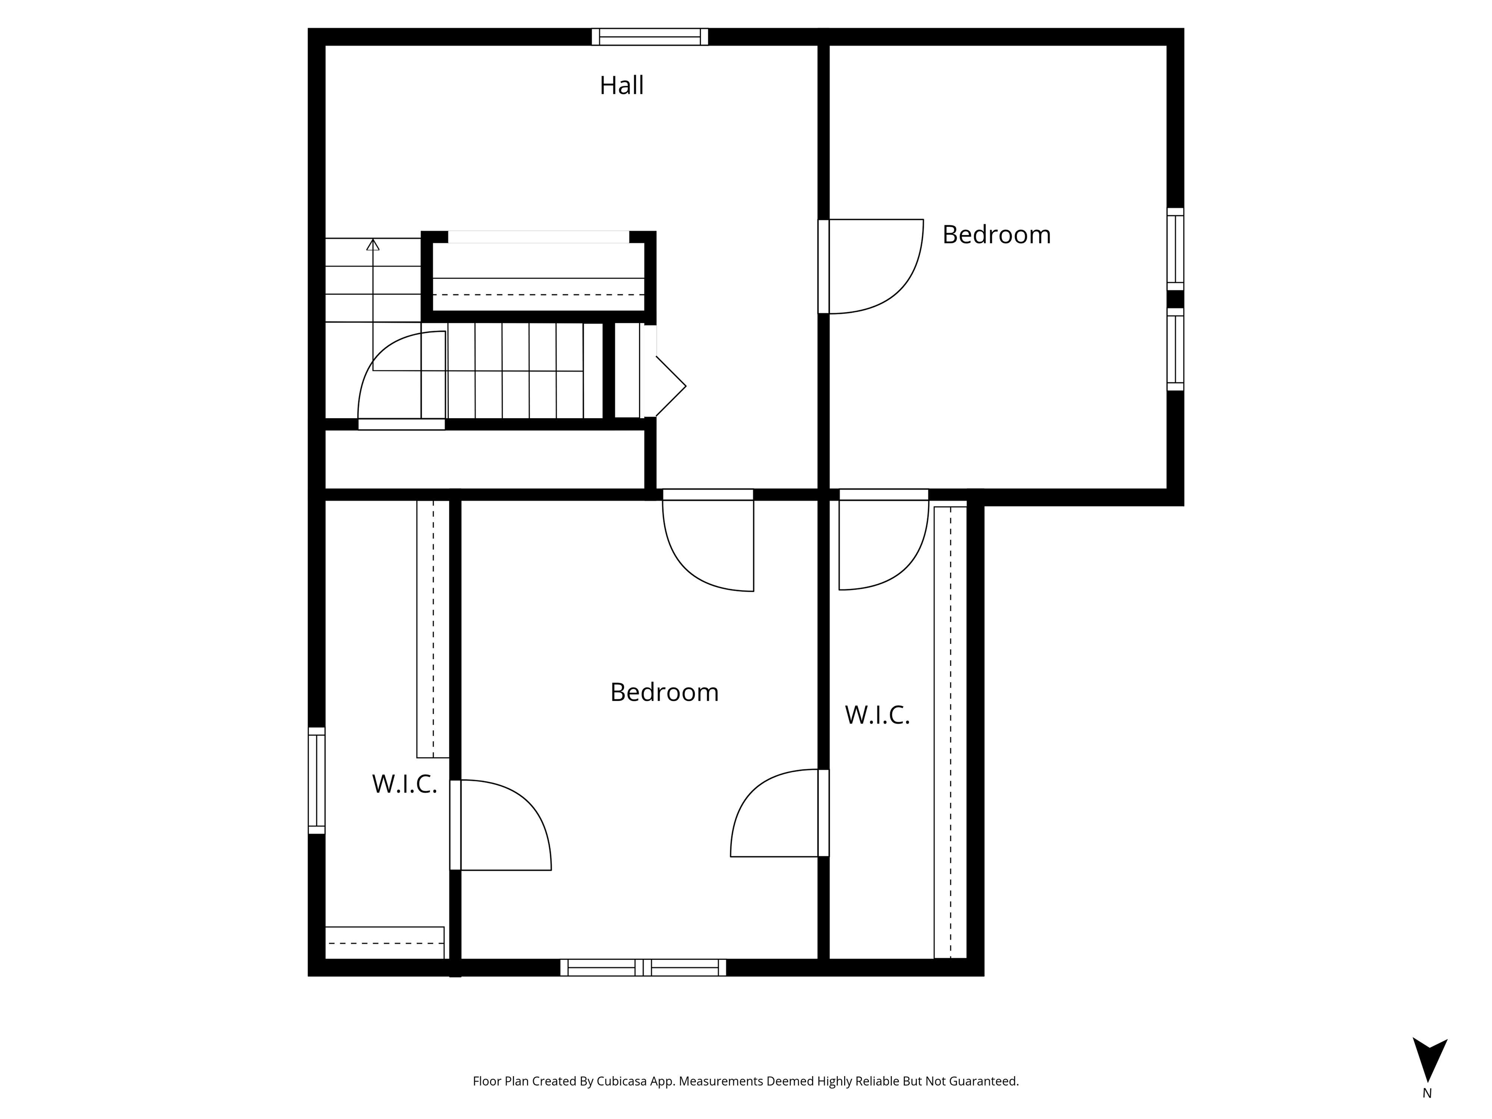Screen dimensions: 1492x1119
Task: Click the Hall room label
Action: pyautogui.click(x=621, y=85)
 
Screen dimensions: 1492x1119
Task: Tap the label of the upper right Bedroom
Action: pyautogui.click(x=996, y=235)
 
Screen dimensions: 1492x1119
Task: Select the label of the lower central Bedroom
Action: pyautogui.click(x=664, y=692)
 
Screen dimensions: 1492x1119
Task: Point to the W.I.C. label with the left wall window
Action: pyautogui.click(x=405, y=784)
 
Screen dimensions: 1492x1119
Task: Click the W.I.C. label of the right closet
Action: pyautogui.click(x=878, y=715)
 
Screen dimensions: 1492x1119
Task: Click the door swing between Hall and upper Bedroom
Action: pyautogui.click(x=871, y=267)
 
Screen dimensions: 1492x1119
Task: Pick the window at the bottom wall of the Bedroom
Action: pyautogui.click(x=644, y=967)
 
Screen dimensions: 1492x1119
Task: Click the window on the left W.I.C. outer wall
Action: pyautogui.click(x=316, y=780)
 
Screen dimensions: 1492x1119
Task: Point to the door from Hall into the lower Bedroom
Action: pyautogui.click(x=708, y=540)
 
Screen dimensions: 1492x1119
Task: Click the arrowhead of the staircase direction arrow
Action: pyautogui.click(x=373, y=244)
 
